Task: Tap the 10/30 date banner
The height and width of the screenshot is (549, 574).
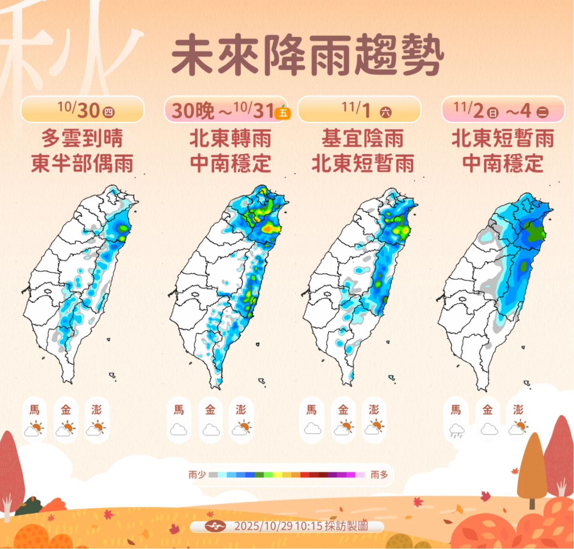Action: click(83, 110)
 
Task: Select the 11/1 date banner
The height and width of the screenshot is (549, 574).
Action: click(359, 110)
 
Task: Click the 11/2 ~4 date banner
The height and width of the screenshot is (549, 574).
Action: click(503, 110)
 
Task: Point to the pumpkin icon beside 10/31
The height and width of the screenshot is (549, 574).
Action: click(283, 113)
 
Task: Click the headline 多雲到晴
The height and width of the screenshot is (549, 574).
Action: click(83, 138)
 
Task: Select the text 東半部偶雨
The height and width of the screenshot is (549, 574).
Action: click(83, 164)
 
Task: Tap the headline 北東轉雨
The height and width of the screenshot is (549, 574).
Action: click(230, 138)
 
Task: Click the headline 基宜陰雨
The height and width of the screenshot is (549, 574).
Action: click(363, 138)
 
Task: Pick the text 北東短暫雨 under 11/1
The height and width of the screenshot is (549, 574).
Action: click(363, 164)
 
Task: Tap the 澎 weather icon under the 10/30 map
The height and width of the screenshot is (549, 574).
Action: click(96, 428)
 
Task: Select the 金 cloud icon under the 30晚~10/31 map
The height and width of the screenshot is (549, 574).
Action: click(210, 430)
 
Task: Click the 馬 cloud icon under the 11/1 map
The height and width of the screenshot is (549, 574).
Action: click(312, 429)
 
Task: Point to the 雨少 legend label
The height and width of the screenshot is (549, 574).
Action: click(197, 475)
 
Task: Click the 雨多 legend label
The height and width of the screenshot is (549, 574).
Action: click(379, 475)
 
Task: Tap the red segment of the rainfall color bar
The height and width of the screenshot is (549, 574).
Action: click(305, 475)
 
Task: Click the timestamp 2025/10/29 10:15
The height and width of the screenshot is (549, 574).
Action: click(278, 526)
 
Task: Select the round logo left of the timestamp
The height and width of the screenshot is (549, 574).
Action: click(216, 526)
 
